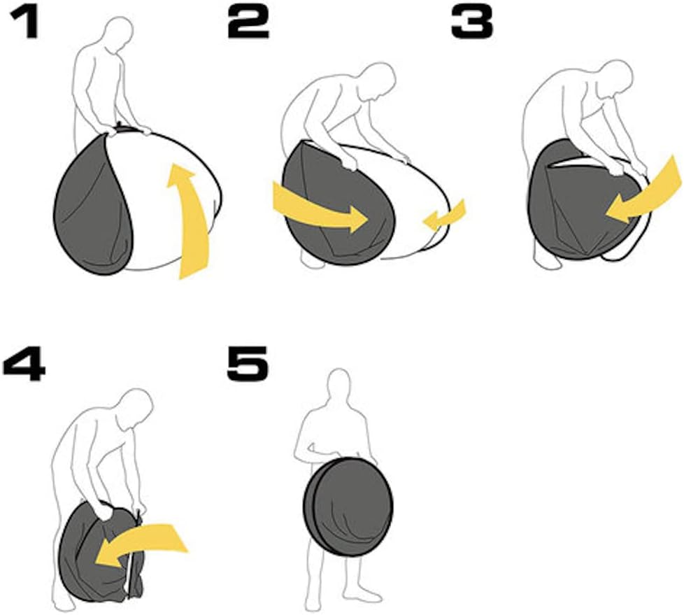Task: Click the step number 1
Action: (x=25, y=22)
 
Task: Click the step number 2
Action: (x=248, y=22)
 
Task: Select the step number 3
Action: (x=471, y=22)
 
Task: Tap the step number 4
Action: (x=24, y=365)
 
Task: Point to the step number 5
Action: (x=248, y=365)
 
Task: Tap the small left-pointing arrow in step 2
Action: (x=444, y=215)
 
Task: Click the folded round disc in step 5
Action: (x=348, y=507)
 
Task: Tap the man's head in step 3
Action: (x=614, y=78)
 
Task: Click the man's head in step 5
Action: (x=339, y=386)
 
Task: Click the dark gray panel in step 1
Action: (x=94, y=206)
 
